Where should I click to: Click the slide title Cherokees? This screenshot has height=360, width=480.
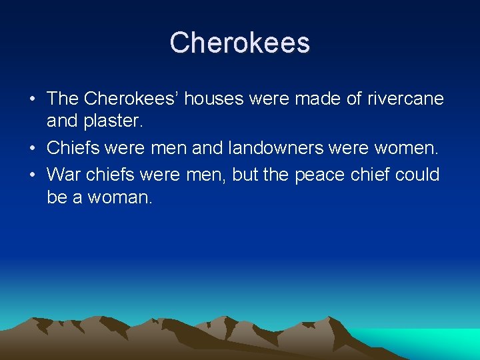(x=239, y=43)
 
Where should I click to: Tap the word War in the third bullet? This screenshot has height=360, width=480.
(x=63, y=175)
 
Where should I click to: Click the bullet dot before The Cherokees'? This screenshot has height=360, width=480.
(x=32, y=99)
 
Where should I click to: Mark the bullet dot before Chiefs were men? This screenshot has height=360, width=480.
(x=32, y=147)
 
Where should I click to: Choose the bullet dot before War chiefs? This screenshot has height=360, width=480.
(x=32, y=175)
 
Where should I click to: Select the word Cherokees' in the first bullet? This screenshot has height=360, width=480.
(x=131, y=99)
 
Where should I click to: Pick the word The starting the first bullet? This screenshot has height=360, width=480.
(x=63, y=99)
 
